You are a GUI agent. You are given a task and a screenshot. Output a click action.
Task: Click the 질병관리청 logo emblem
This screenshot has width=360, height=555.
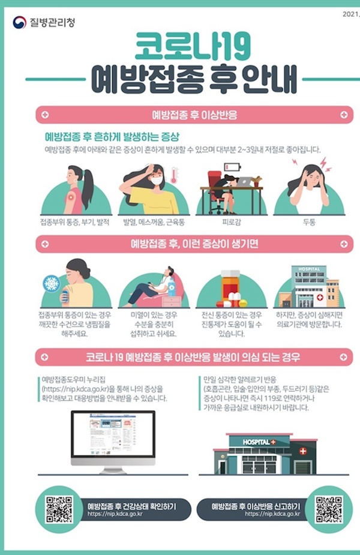pyautogui.click(x=19, y=23)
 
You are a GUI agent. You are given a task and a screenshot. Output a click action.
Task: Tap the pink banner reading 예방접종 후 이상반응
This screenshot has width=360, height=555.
pyautogui.click(x=193, y=113)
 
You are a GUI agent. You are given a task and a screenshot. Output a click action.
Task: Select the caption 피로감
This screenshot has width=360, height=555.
pyautogui.click(x=231, y=222)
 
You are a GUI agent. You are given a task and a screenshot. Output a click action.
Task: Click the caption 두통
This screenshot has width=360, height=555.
pyautogui.click(x=309, y=222)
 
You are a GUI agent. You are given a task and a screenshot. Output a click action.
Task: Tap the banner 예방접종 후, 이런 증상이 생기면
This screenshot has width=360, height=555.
pyautogui.click(x=193, y=244)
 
